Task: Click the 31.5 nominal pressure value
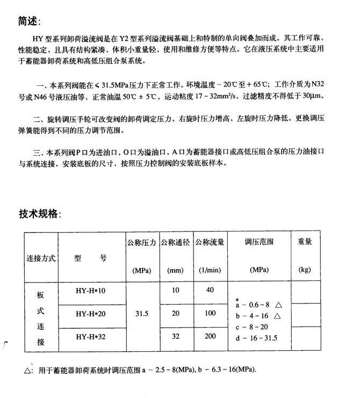(141, 314)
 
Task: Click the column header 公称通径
(176, 242)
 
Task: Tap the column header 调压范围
(258, 242)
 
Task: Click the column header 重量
(305, 242)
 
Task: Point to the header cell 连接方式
(41, 258)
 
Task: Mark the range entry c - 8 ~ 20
(252, 326)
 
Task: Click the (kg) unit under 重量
(305, 269)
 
